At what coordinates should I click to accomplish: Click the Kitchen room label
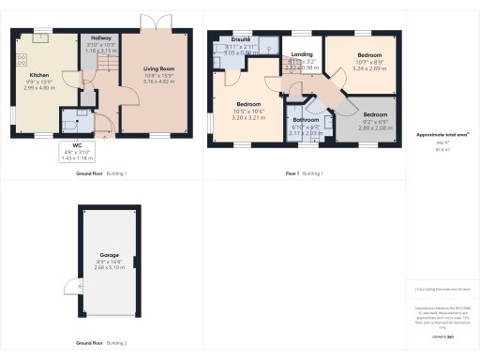(x=38, y=74)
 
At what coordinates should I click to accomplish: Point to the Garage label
(x=109, y=254)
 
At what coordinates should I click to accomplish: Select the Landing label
(x=301, y=55)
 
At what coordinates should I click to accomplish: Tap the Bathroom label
(x=306, y=120)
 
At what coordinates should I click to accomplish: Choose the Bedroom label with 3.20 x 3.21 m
(x=247, y=103)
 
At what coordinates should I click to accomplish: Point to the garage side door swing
(x=68, y=287)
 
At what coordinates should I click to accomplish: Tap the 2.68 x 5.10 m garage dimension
(x=109, y=266)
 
